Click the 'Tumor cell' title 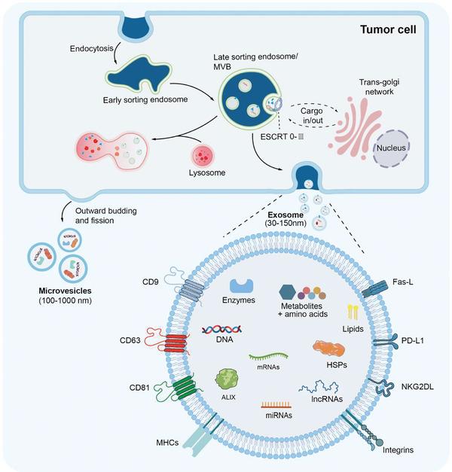[x=388, y=29]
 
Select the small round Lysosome [x=203, y=156]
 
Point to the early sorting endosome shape [x=137, y=74]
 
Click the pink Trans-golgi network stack [x=356, y=126]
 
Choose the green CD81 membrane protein [x=178, y=388]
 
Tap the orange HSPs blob [x=328, y=349]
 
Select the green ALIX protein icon [x=227, y=380]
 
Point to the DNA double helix [x=221, y=330]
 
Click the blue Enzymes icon [x=241, y=285]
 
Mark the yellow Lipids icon [x=353, y=312]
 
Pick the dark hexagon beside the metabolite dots [x=288, y=291]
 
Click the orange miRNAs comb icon [x=276, y=404]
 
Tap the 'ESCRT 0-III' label [x=282, y=137]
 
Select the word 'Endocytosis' [x=92, y=48]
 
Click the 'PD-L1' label [x=413, y=340]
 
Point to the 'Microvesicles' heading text [x=65, y=291]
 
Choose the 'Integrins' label [x=398, y=449]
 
